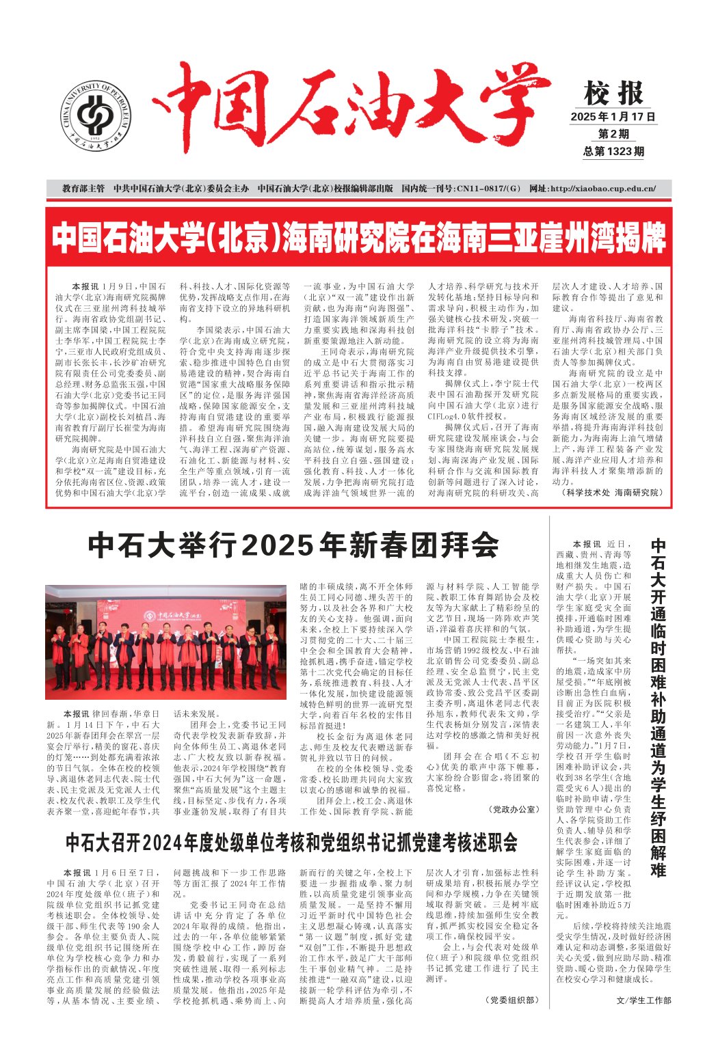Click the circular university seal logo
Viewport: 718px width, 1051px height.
tap(96, 115)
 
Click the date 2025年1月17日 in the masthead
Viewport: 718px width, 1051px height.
tap(613, 117)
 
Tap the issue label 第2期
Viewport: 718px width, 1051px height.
tap(613, 134)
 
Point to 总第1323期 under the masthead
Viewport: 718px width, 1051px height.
tap(613, 151)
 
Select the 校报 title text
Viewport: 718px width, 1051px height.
tap(613, 93)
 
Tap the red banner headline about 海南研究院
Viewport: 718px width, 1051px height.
tap(358, 237)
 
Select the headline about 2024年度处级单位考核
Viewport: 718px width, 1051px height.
tap(291, 841)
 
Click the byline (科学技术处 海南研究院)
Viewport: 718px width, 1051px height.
tap(611, 492)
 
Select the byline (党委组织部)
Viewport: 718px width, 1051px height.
tap(513, 1000)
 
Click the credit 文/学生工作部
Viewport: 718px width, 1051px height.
tap(643, 1000)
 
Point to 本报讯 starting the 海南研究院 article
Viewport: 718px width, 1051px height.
tap(85, 286)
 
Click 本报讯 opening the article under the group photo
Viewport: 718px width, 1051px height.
tap(76, 713)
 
